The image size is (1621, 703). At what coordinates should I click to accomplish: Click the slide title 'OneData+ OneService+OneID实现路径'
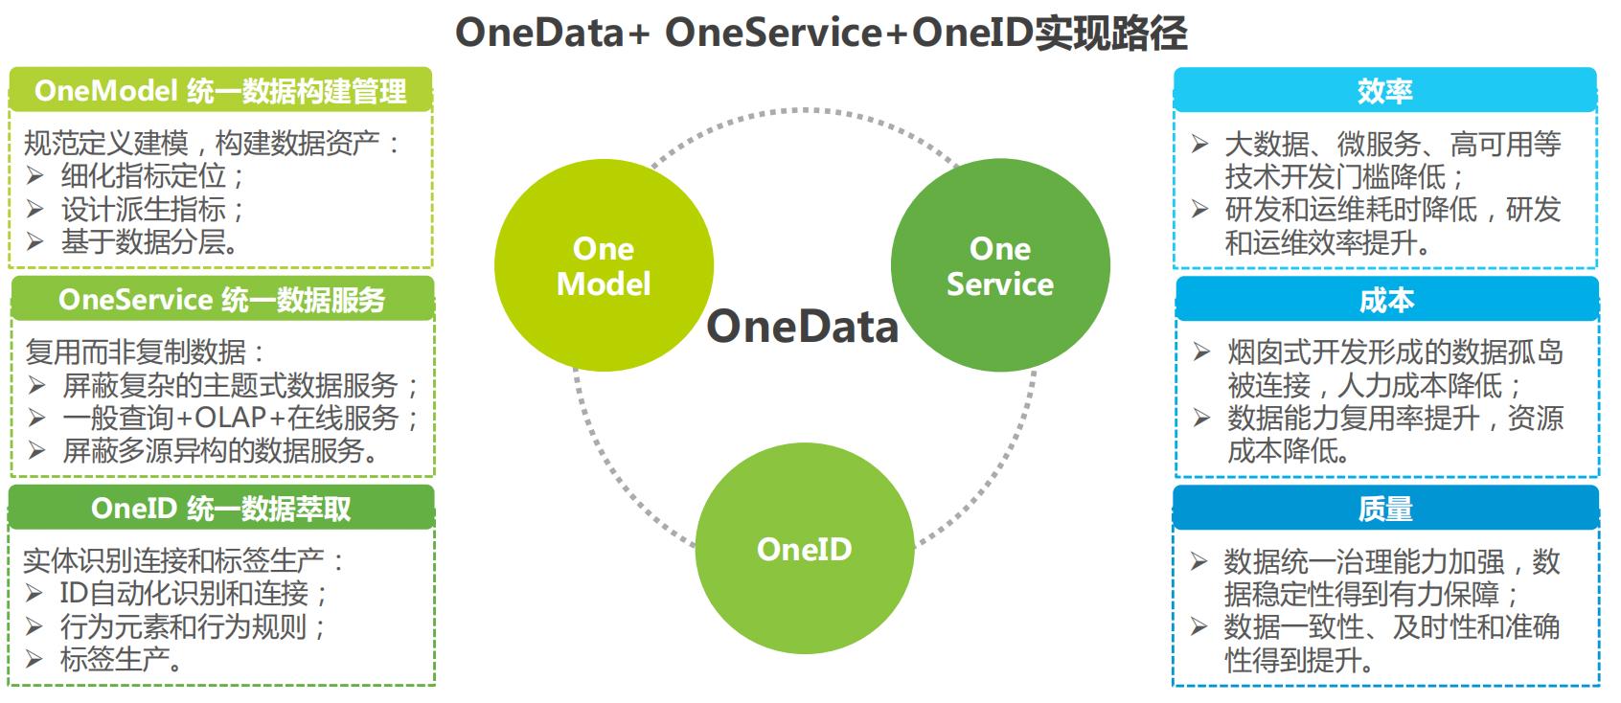click(x=820, y=33)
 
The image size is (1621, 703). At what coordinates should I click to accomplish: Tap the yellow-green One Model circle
click(x=604, y=265)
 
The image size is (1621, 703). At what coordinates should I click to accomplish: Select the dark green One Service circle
click(x=999, y=265)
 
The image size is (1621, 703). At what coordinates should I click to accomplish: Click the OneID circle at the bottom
click(x=804, y=549)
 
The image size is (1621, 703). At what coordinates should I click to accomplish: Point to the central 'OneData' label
click(x=803, y=327)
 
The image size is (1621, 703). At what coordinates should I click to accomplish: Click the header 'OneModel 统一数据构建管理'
click(x=220, y=91)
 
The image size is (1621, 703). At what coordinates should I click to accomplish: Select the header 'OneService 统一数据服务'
click(x=221, y=300)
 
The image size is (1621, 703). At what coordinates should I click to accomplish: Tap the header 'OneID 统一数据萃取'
click(x=221, y=508)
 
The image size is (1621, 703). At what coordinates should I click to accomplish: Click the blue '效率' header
click(x=1384, y=91)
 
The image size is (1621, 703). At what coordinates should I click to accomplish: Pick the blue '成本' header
click(x=1386, y=300)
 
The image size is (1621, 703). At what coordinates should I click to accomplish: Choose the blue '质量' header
click(x=1385, y=509)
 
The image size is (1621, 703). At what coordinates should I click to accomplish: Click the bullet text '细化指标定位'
click(x=153, y=176)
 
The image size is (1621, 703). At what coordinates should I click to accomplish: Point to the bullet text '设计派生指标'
click(x=153, y=209)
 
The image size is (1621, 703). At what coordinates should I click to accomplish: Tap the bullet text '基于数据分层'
click(x=149, y=241)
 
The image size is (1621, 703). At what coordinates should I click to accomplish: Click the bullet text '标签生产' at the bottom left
click(x=121, y=659)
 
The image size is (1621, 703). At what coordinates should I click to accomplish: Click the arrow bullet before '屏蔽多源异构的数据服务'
click(x=36, y=450)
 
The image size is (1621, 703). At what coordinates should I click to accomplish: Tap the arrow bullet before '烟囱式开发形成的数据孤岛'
click(x=1201, y=352)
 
